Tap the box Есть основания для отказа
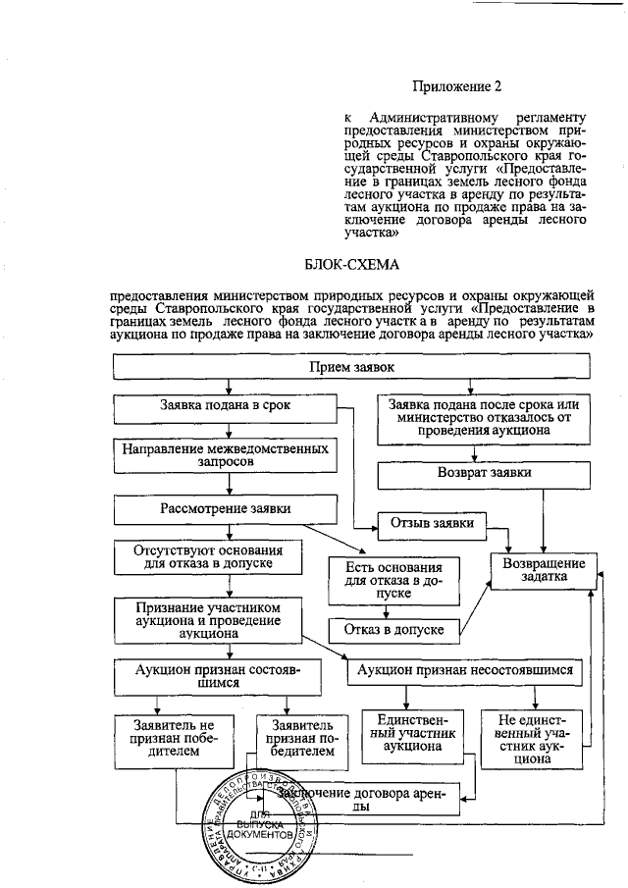point(393,581)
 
